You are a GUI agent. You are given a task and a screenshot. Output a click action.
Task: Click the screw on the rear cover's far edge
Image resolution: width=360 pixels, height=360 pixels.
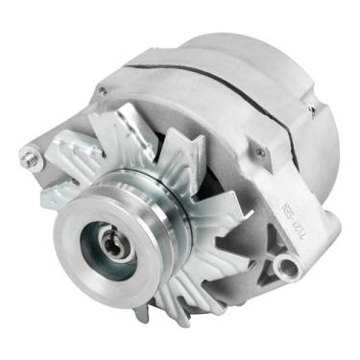click(x=310, y=110)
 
